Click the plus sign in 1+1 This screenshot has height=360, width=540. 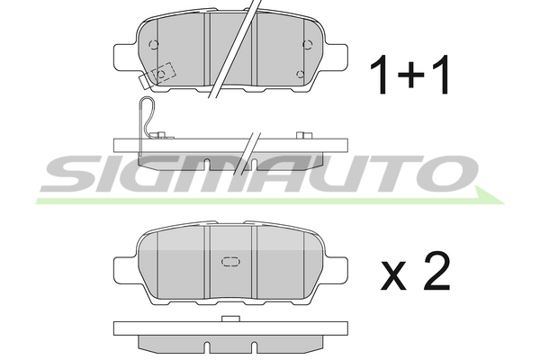(x=410, y=75)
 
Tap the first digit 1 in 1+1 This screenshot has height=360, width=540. (x=381, y=75)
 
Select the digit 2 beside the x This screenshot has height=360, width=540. (x=436, y=271)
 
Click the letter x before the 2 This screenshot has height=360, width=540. (x=393, y=276)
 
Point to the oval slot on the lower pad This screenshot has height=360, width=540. (x=230, y=262)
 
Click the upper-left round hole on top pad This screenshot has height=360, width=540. (x=154, y=44)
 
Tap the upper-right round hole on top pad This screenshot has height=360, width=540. (x=308, y=44)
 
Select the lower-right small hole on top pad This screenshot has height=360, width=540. (x=301, y=74)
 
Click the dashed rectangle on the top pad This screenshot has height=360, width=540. (x=164, y=73)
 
